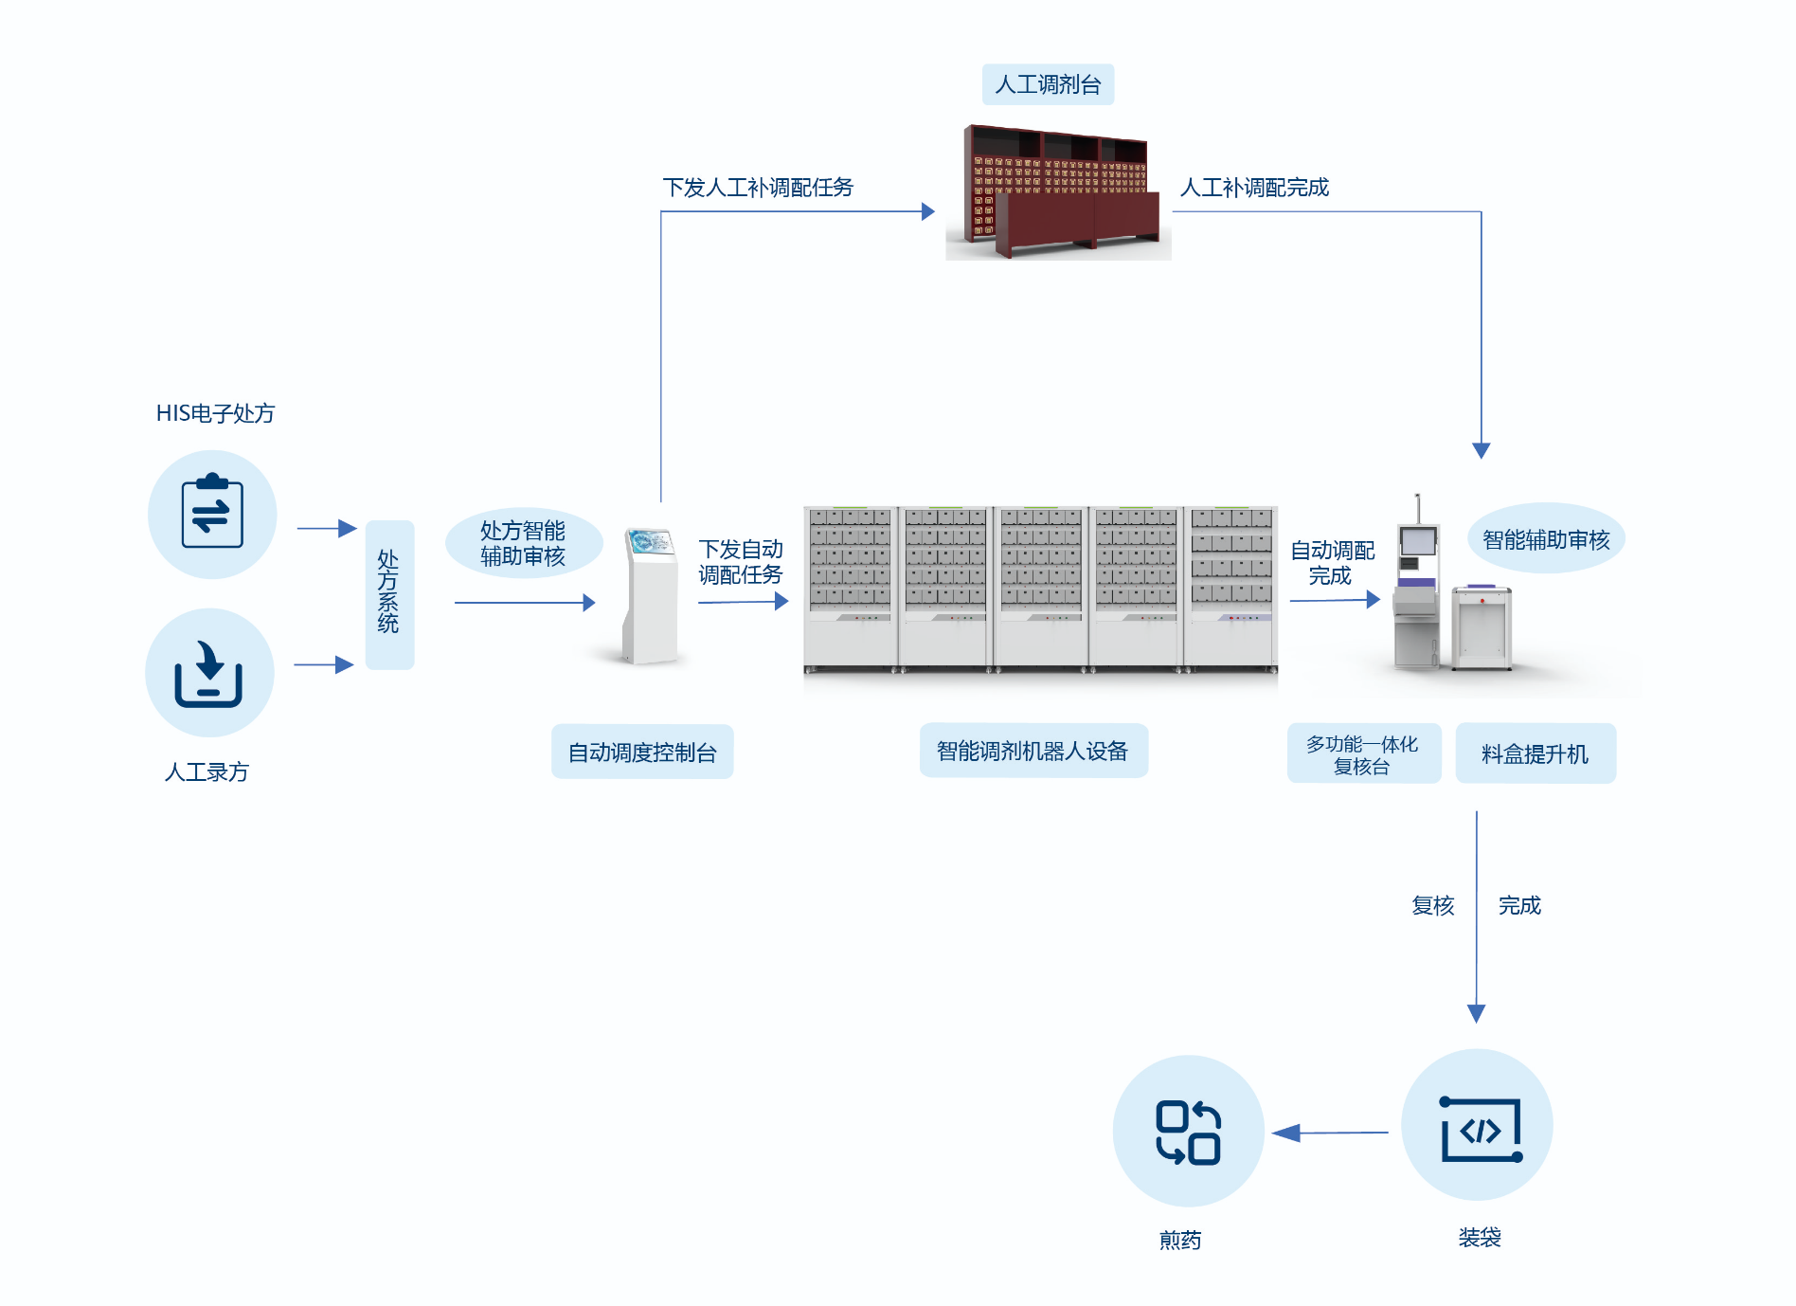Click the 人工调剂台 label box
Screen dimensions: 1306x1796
[1048, 84]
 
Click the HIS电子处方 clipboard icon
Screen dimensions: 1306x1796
[212, 514]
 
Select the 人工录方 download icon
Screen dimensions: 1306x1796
[209, 673]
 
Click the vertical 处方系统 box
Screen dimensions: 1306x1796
[389, 594]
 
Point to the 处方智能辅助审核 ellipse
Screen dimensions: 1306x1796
[523, 543]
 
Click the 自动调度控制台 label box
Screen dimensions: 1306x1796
[642, 753]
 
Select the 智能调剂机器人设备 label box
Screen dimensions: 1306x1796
[1033, 751]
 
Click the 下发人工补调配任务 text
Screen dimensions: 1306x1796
[758, 188]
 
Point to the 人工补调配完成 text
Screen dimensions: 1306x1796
[1254, 188]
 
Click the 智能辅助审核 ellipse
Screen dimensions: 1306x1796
[1546, 539]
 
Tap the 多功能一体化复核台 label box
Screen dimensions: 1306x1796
[1362, 754]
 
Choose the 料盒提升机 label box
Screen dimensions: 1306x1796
[1535, 754]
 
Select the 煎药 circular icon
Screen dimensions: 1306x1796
[1188, 1132]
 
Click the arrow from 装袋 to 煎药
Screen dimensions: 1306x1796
[1331, 1133]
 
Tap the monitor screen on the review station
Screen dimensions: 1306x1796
[1418, 541]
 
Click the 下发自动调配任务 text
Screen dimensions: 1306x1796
[741, 562]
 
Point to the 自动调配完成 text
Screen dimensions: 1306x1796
[1332, 563]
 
